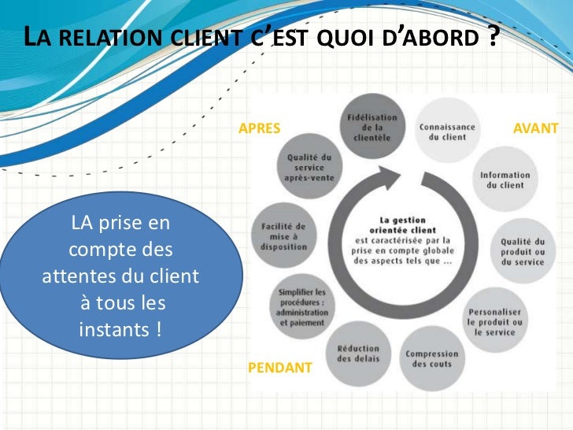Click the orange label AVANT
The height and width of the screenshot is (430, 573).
[535, 128]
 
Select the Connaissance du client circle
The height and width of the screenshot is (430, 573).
[447, 131]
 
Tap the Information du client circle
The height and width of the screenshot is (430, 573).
[505, 180]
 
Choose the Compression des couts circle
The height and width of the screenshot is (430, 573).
[431, 358]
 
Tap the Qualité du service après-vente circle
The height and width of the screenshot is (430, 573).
[309, 167]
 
